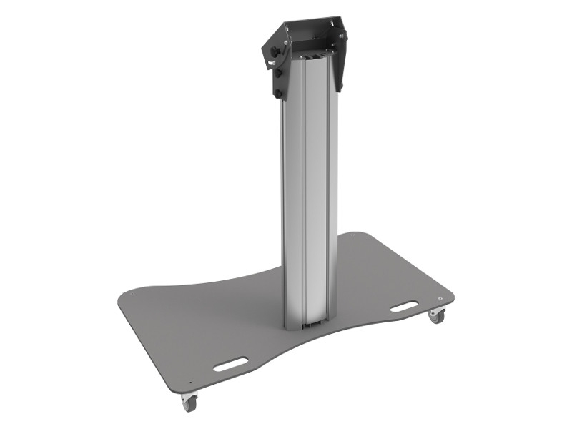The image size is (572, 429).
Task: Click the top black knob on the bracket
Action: coord(275,51)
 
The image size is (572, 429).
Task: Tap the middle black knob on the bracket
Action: coord(278,73)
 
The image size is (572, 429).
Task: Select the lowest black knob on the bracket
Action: coord(278,94)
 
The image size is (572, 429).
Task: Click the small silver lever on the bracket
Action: coord(272,63)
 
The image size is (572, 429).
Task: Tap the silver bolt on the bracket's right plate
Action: coord(341,36)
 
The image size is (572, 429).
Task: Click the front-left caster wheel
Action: coord(189,404)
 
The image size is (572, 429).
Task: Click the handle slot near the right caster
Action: coord(404,307)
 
